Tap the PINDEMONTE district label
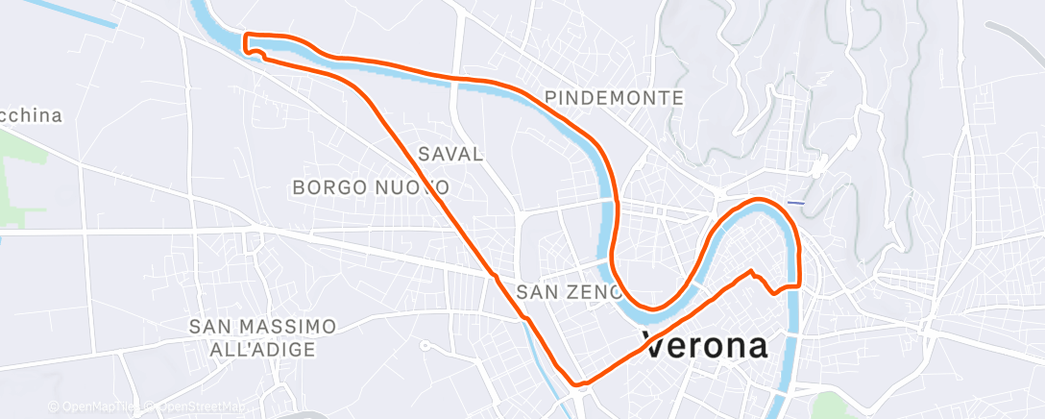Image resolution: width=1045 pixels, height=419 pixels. coord(614,98)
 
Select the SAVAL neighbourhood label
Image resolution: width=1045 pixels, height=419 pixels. coord(450,154)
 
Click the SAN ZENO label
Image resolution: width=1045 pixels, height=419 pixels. coord(568,291)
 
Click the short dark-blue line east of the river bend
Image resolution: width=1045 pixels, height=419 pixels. coord(795,203)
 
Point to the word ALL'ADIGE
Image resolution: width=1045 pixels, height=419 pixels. coord(263,350)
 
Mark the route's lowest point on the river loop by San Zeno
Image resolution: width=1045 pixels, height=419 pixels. coord(652,309)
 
